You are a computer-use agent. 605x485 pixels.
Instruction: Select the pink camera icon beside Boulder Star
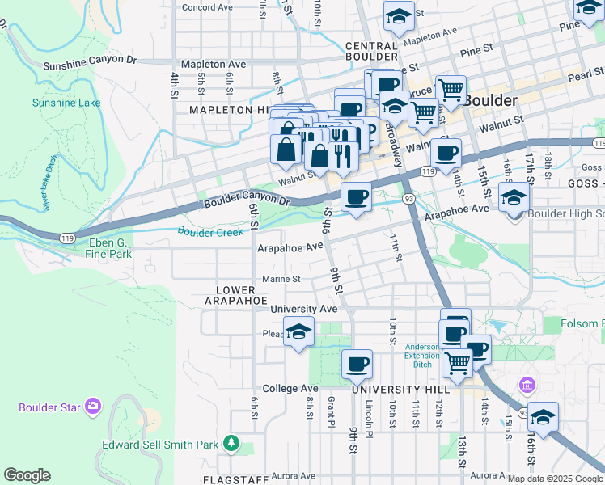pos(94,405)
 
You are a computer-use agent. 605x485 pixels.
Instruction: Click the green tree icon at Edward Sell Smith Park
pos(232,443)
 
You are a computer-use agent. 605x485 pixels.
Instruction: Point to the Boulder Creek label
pos(210,232)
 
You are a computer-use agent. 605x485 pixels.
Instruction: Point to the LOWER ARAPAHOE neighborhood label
pos(241,295)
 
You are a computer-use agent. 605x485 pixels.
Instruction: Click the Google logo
pos(27,475)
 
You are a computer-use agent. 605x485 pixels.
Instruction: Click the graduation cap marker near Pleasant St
pos(298,332)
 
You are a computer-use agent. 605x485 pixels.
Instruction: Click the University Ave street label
pos(303,309)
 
